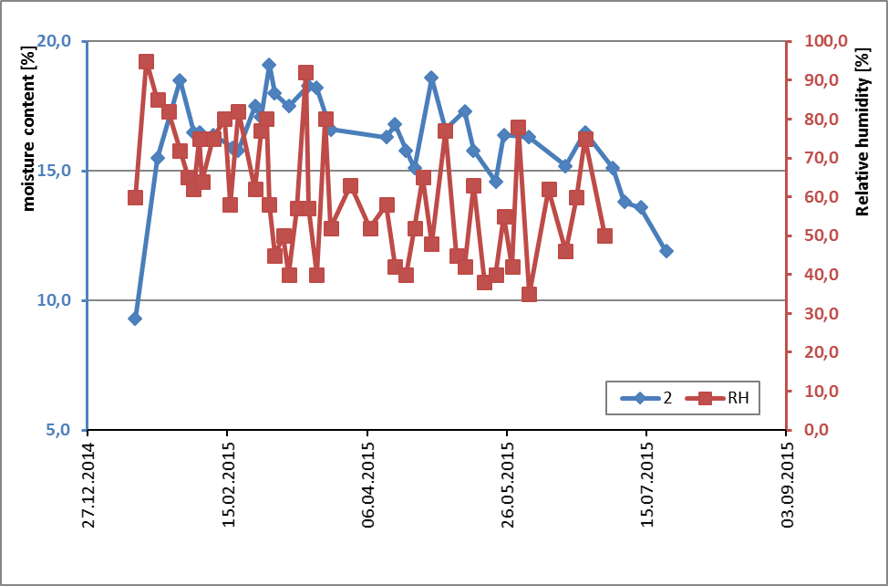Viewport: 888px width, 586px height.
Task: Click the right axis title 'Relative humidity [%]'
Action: pos(862,133)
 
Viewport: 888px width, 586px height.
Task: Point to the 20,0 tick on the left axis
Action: pos(58,41)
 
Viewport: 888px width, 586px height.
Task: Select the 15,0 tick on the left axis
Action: pos(58,171)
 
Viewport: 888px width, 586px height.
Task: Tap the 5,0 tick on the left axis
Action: pos(62,430)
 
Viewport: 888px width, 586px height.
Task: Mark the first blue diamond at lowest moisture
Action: pos(135,319)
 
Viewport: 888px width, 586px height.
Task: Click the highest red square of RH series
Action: pos(146,62)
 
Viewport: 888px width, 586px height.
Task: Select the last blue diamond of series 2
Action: pos(666,251)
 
